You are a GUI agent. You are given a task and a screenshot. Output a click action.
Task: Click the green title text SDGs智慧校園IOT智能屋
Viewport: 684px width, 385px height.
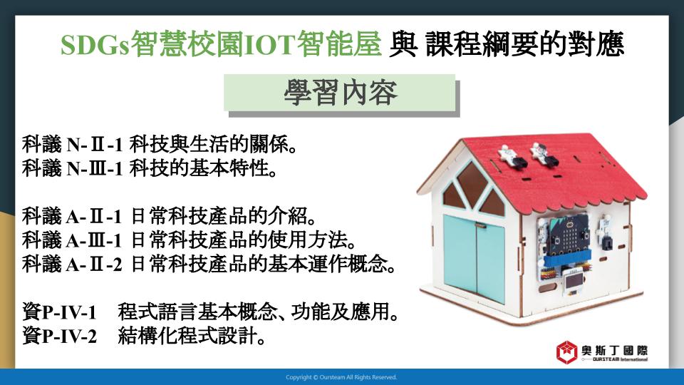click(221, 44)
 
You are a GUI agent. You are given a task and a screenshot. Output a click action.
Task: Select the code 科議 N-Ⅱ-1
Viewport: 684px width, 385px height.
click(73, 145)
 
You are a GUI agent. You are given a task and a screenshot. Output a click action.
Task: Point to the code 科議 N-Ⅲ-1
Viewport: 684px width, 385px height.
click(73, 168)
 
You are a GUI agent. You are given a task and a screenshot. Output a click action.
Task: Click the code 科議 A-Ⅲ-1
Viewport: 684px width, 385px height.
click(72, 240)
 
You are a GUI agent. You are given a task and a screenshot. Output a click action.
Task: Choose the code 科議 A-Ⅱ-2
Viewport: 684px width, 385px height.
click(72, 264)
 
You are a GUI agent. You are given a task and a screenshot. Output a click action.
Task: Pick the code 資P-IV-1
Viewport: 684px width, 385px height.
click(59, 312)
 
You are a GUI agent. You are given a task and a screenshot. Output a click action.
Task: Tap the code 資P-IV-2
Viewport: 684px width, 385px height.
click(59, 336)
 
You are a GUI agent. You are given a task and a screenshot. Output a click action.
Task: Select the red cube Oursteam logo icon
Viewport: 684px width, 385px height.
click(566, 351)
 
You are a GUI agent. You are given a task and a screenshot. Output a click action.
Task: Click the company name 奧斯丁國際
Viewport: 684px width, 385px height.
click(615, 350)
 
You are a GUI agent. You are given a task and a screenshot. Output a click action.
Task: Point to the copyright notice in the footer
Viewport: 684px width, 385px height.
click(341, 377)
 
